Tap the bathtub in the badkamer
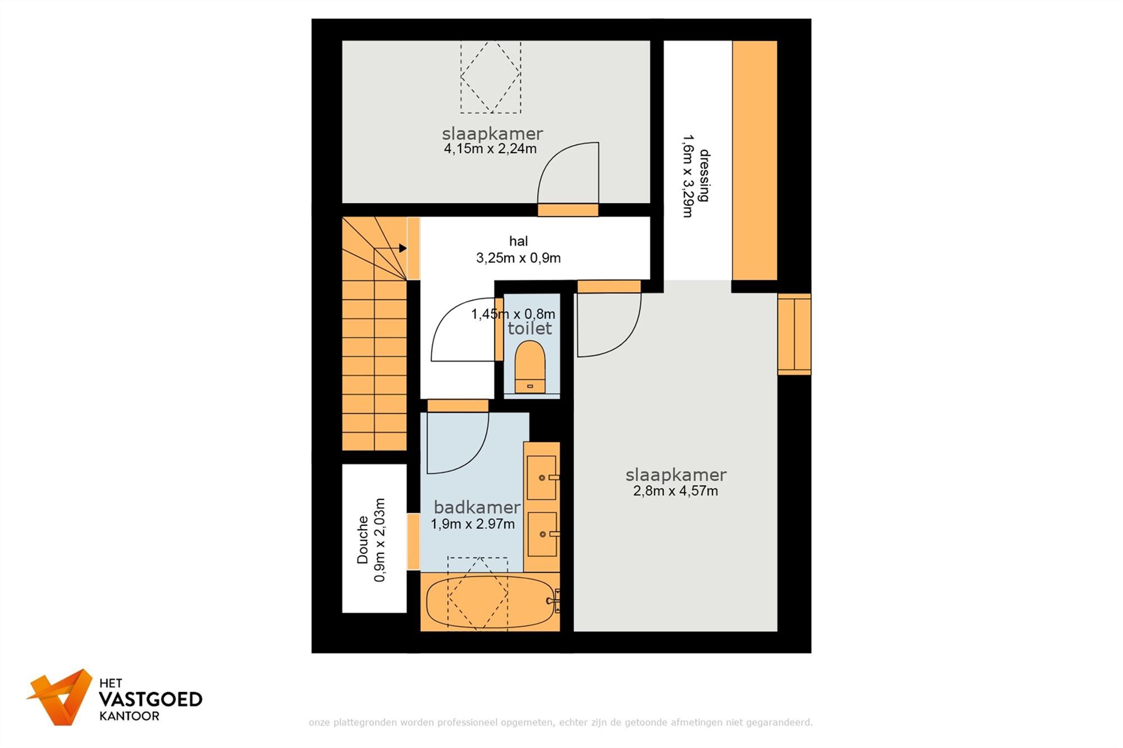point(490,603)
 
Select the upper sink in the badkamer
point(542,478)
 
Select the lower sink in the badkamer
point(542,534)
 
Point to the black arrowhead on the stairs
point(403,248)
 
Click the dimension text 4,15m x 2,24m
point(490,149)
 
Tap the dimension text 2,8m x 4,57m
point(675,491)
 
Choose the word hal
point(518,241)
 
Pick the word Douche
point(363,540)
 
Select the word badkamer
point(477,507)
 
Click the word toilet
point(530,328)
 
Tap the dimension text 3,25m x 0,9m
point(518,258)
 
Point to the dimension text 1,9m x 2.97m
point(473,524)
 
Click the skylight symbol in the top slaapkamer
point(491,76)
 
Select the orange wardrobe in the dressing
point(755,160)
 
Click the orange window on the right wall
point(794,334)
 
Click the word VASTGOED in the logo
point(150,699)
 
